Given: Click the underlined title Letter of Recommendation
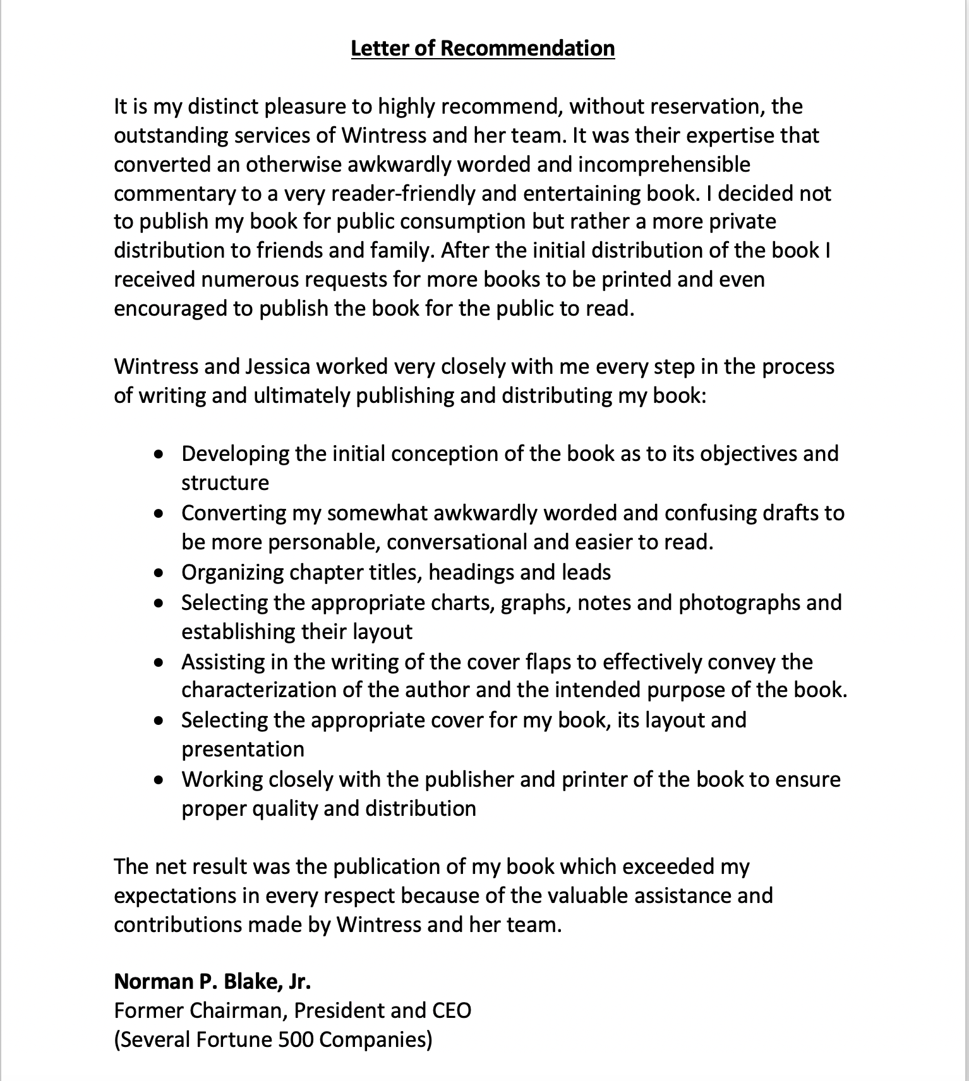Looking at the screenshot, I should (483, 49).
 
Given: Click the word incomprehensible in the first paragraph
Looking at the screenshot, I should (664, 164).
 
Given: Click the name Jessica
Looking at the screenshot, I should (280, 367).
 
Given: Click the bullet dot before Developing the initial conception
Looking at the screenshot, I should (162, 454).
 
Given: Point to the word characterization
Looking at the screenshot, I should (259, 690).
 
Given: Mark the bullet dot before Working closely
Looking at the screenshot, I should (162, 780).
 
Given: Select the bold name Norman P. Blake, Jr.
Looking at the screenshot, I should (212, 981).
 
